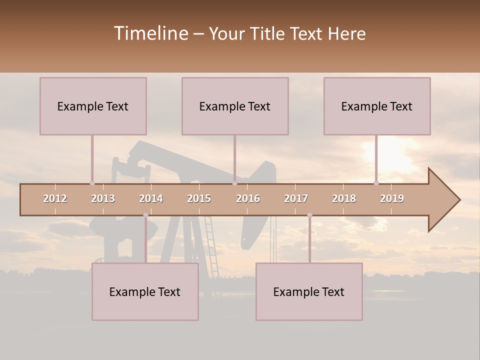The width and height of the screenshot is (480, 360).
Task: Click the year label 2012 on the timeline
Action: point(55,198)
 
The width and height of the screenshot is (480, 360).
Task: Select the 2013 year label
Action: point(103,198)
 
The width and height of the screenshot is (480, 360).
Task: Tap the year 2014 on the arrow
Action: point(151,198)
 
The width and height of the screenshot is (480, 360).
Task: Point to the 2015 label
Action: point(199,198)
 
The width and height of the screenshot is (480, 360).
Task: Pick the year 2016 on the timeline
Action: point(248,198)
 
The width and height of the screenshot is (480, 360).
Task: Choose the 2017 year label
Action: point(296,198)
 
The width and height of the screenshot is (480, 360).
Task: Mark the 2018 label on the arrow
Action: point(344,198)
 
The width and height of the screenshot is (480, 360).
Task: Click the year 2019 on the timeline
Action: point(392,198)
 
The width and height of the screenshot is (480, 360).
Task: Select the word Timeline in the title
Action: point(150,33)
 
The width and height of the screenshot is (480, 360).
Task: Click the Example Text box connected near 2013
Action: point(93,106)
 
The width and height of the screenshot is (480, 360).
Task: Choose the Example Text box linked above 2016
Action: point(235,106)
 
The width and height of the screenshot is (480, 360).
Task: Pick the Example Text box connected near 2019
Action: point(377,106)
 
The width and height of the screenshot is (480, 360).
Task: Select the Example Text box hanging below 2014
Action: point(145,291)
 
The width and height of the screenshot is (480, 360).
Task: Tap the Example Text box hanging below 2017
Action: point(309,291)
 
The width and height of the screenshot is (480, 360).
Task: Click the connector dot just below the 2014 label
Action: point(145,215)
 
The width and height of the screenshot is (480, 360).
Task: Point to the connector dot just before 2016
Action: point(234,183)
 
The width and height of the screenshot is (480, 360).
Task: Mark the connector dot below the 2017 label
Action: point(309,215)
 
